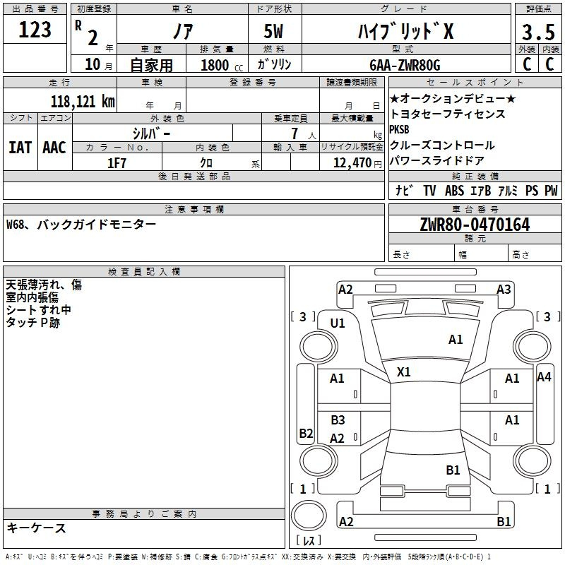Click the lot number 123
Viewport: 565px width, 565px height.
point(35,29)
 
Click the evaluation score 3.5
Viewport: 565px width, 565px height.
point(538,32)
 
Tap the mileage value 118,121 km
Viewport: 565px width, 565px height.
point(83,101)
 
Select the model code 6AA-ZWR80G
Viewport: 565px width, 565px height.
point(405,65)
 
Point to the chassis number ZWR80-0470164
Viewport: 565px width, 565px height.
point(475,225)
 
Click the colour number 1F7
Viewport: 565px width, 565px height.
point(117,163)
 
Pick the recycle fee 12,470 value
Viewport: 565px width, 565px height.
point(352,163)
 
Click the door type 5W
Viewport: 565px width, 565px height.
point(273,31)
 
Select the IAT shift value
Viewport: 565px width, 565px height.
point(20,148)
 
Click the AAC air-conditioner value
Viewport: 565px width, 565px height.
point(54,148)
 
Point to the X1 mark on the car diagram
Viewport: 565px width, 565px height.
point(403,372)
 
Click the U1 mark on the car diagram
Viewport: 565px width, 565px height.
point(338,323)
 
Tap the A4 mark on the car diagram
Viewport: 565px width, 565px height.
point(544,377)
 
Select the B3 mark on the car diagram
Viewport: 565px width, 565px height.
point(338,420)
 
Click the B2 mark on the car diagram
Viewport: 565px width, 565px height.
point(307,433)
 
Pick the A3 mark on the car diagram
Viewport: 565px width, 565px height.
point(504,290)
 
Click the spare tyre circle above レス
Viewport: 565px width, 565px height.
point(309,516)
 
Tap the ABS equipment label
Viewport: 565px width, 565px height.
point(454,190)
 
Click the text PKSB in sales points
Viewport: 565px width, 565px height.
point(399,129)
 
